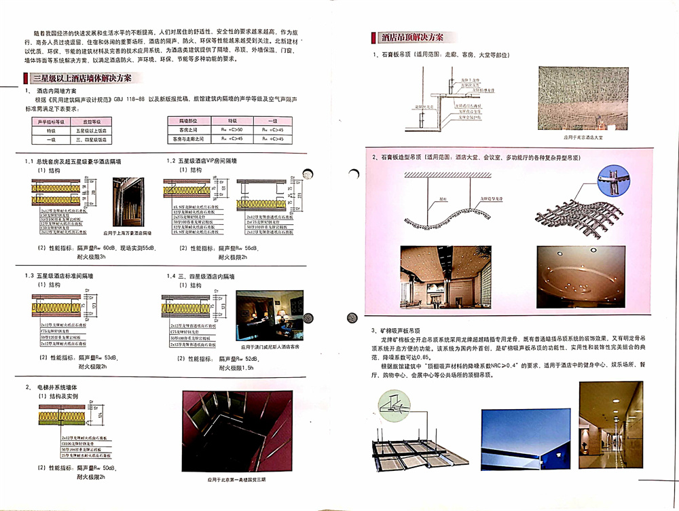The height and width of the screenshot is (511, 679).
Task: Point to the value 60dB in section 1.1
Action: (x=107, y=247)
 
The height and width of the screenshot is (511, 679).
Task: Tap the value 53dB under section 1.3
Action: (x=109, y=356)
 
